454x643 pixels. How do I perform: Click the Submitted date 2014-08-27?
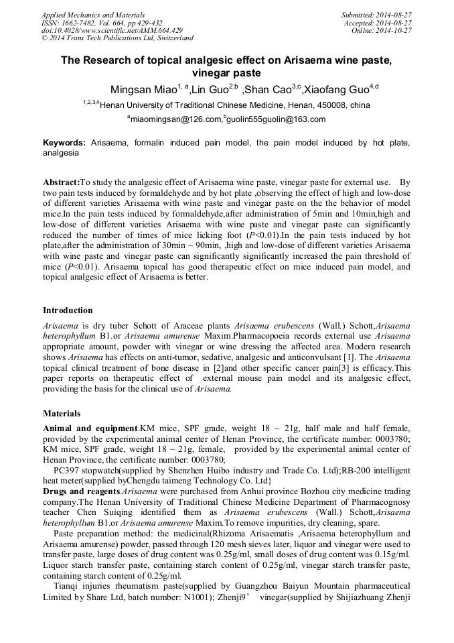[x=390, y=14]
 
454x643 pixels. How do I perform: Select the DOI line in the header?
[x=112, y=30]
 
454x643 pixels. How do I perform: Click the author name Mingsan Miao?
[x=141, y=90]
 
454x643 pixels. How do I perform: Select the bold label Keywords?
[x=64, y=143]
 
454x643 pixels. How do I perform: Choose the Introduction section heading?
[x=68, y=310]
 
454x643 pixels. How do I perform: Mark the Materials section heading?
[x=62, y=414]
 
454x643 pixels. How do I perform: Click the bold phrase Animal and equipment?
[x=90, y=428]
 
